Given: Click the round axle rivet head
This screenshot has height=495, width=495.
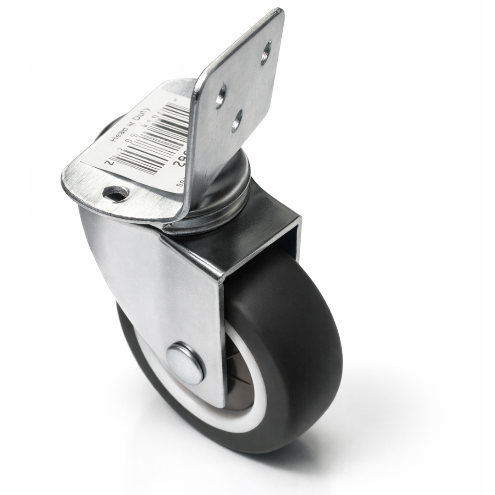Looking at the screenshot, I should coord(185,363).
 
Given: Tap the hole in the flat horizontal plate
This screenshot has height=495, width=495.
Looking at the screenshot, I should coord(115,194).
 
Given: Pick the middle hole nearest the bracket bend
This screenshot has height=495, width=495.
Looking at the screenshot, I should coord(220,96).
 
